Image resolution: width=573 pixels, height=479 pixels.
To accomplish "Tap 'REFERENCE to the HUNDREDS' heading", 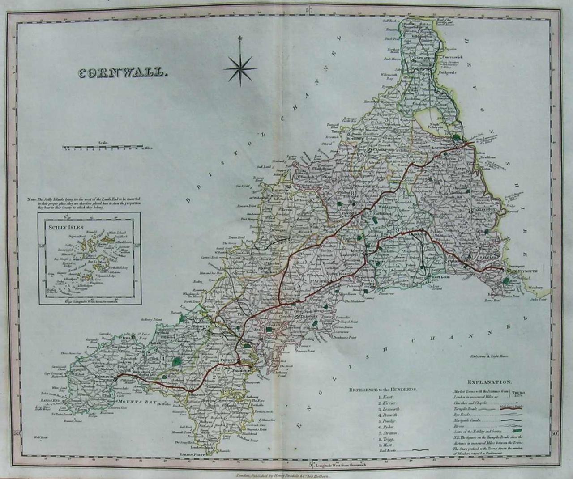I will point(383,389).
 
